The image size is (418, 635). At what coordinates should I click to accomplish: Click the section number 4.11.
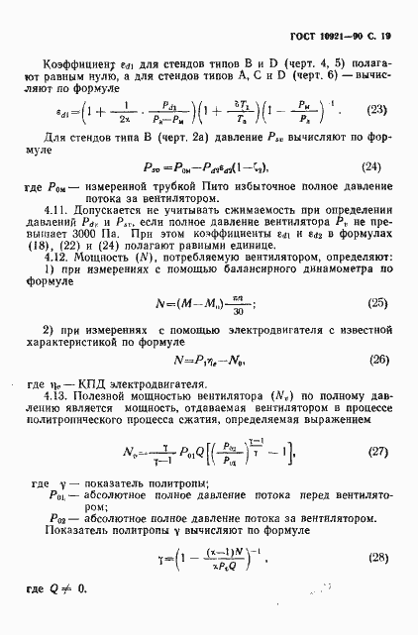(x=56, y=208)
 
